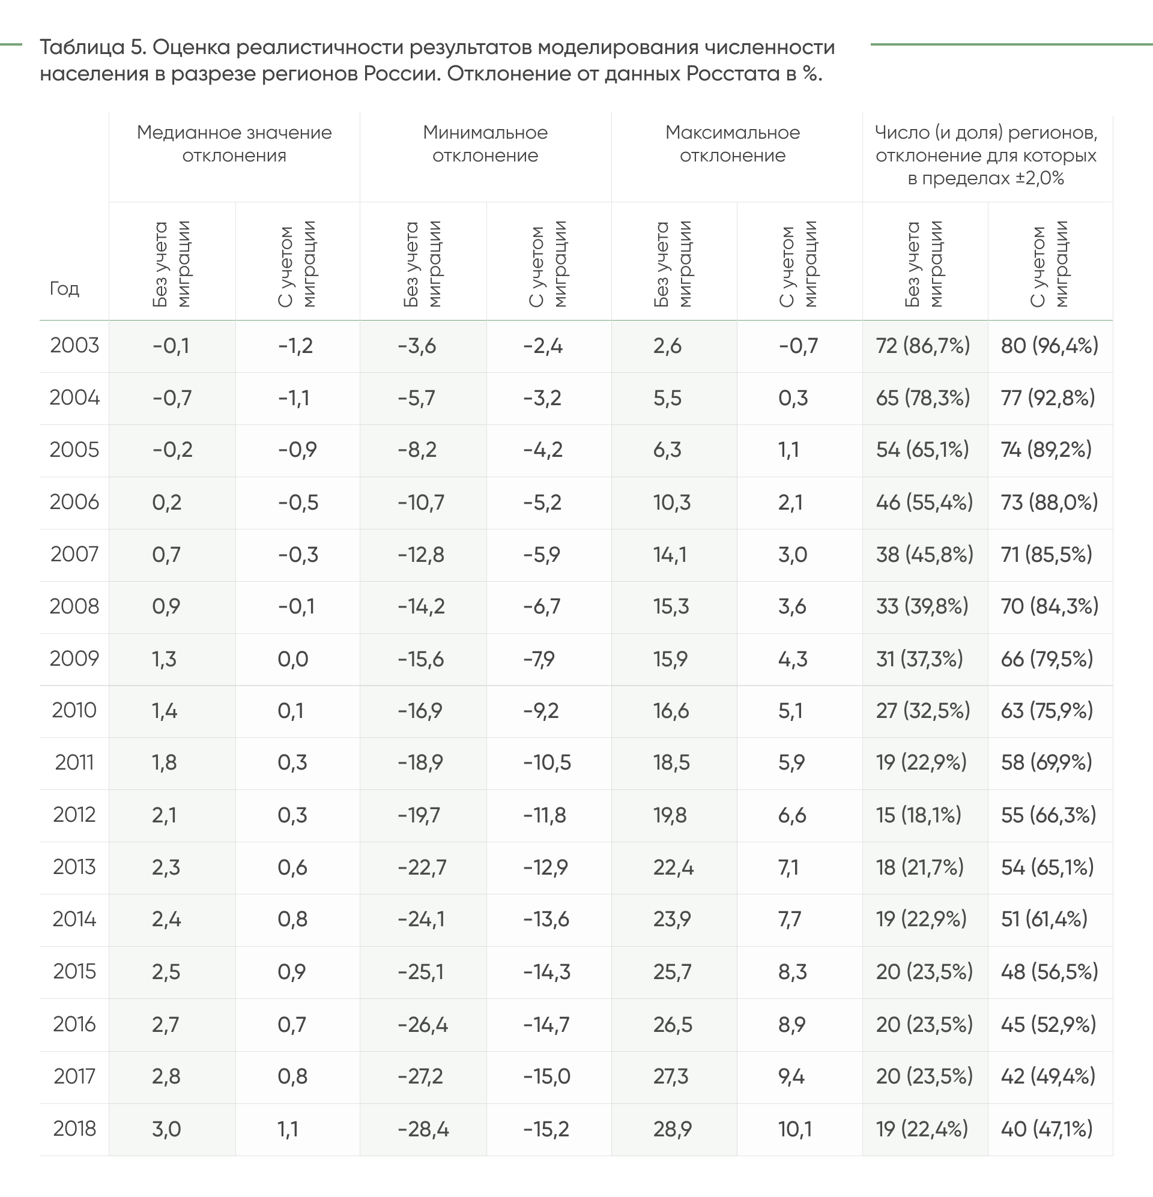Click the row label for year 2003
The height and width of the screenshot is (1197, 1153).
tap(74, 346)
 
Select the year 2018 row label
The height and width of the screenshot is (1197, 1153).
tap(74, 1129)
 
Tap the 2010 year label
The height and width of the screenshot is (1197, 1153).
tap(74, 710)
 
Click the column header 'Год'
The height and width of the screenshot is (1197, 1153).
tap(64, 288)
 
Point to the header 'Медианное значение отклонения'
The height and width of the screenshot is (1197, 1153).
tap(235, 144)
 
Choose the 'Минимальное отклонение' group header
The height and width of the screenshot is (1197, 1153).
tap(485, 144)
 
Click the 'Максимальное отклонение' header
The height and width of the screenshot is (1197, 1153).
tap(733, 144)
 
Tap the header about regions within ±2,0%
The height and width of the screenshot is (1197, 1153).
tap(986, 155)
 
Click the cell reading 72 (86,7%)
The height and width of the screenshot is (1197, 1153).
tap(922, 346)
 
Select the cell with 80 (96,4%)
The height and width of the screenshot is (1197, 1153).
tap(1050, 346)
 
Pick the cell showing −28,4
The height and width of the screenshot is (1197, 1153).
tap(423, 1129)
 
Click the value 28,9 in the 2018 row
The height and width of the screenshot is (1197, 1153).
tap(673, 1129)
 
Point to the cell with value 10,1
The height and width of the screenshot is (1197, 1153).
tap(795, 1129)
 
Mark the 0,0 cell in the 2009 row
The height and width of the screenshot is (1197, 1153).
tap(293, 659)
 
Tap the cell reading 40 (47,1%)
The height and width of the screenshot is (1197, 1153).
tap(1047, 1129)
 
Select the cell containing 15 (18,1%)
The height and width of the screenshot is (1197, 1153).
tap(919, 815)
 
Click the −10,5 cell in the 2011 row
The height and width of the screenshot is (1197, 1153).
tap(547, 763)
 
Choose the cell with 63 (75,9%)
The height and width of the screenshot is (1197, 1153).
tap(1047, 711)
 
